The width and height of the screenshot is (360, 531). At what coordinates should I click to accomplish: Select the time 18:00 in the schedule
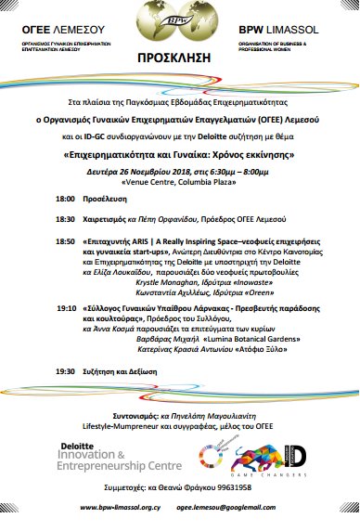[65, 200]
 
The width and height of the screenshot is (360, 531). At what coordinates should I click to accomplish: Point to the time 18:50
[65, 240]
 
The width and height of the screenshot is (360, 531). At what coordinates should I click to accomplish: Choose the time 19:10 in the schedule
[65, 304]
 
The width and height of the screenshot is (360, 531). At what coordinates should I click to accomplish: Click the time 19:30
[65, 370]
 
